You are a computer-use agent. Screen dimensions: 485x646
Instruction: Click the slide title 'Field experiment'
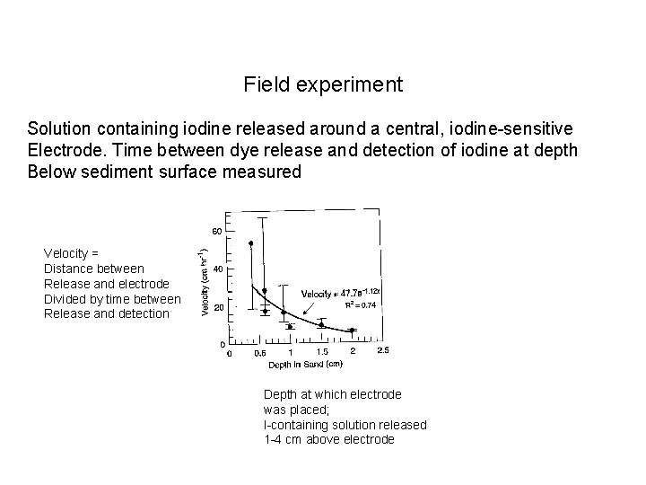(x=323, y=85)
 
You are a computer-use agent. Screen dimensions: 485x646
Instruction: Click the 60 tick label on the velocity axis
(x=217, y=231)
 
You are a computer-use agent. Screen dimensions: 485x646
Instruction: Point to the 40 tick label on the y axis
(x=217, y=269)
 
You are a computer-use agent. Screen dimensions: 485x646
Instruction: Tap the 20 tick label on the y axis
(x=217, y=306)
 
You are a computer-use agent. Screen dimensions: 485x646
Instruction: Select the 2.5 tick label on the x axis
(x=383, y=352)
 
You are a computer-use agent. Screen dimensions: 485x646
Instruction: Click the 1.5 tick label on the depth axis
(x=322, y=352)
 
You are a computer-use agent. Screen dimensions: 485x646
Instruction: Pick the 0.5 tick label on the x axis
(x=259, y=352)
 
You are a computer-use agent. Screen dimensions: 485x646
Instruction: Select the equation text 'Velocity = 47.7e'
(x=330, y=294)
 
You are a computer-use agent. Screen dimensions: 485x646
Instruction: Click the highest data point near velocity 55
(x=251, y=242)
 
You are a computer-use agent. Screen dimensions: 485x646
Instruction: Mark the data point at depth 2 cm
(x=353, y=330)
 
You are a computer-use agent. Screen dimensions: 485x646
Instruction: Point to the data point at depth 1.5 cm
(x=322, y=327)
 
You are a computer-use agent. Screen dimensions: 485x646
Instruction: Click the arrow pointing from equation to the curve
(x=313, y=312)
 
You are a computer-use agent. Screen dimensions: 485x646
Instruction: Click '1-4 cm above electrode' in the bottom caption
(x=328, y=439)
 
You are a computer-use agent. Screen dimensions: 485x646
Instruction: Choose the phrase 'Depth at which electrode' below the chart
(x=333, y=394)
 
